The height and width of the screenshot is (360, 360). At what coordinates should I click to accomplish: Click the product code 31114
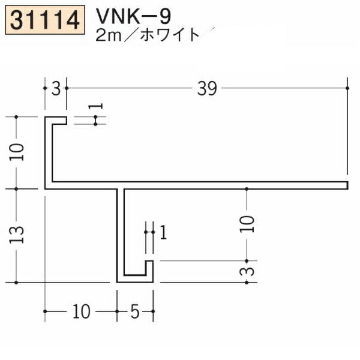tap(45, 20)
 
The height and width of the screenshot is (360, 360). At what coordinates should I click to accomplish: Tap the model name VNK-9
tap(134, 17)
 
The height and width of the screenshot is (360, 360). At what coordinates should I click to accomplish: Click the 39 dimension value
tap(207, 89)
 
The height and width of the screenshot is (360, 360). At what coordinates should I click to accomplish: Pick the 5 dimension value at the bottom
tap(135, 311)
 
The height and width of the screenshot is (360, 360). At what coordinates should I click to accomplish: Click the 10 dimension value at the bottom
tap(81, 311)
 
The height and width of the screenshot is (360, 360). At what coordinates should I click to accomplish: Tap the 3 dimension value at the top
tap(56, 89)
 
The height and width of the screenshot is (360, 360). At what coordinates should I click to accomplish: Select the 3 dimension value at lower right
tap(247, 272)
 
